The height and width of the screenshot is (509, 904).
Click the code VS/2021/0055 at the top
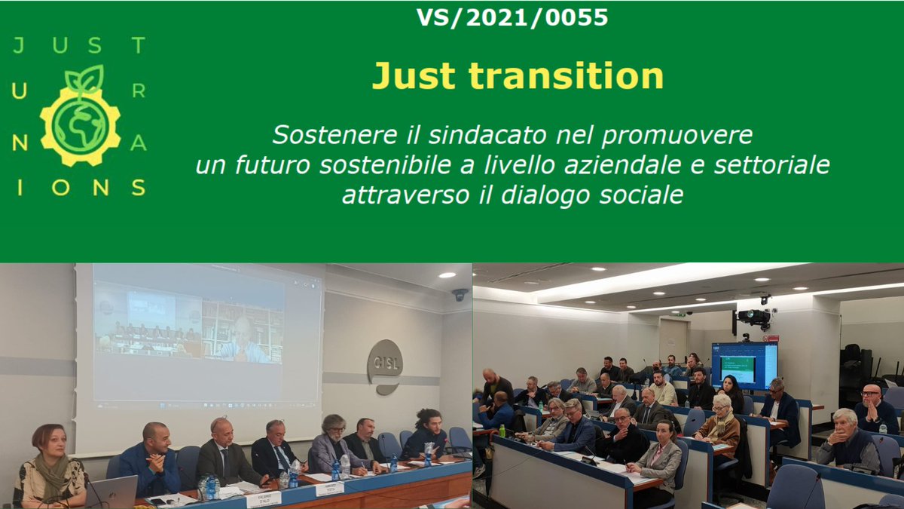512,17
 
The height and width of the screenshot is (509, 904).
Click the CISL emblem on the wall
385,366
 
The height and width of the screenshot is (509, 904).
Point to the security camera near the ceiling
460,294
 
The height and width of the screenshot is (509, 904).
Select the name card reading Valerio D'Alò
264,498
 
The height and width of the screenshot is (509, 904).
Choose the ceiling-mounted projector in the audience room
754,317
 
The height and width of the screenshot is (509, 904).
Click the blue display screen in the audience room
744,365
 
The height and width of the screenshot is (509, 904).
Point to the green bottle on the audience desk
502,431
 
